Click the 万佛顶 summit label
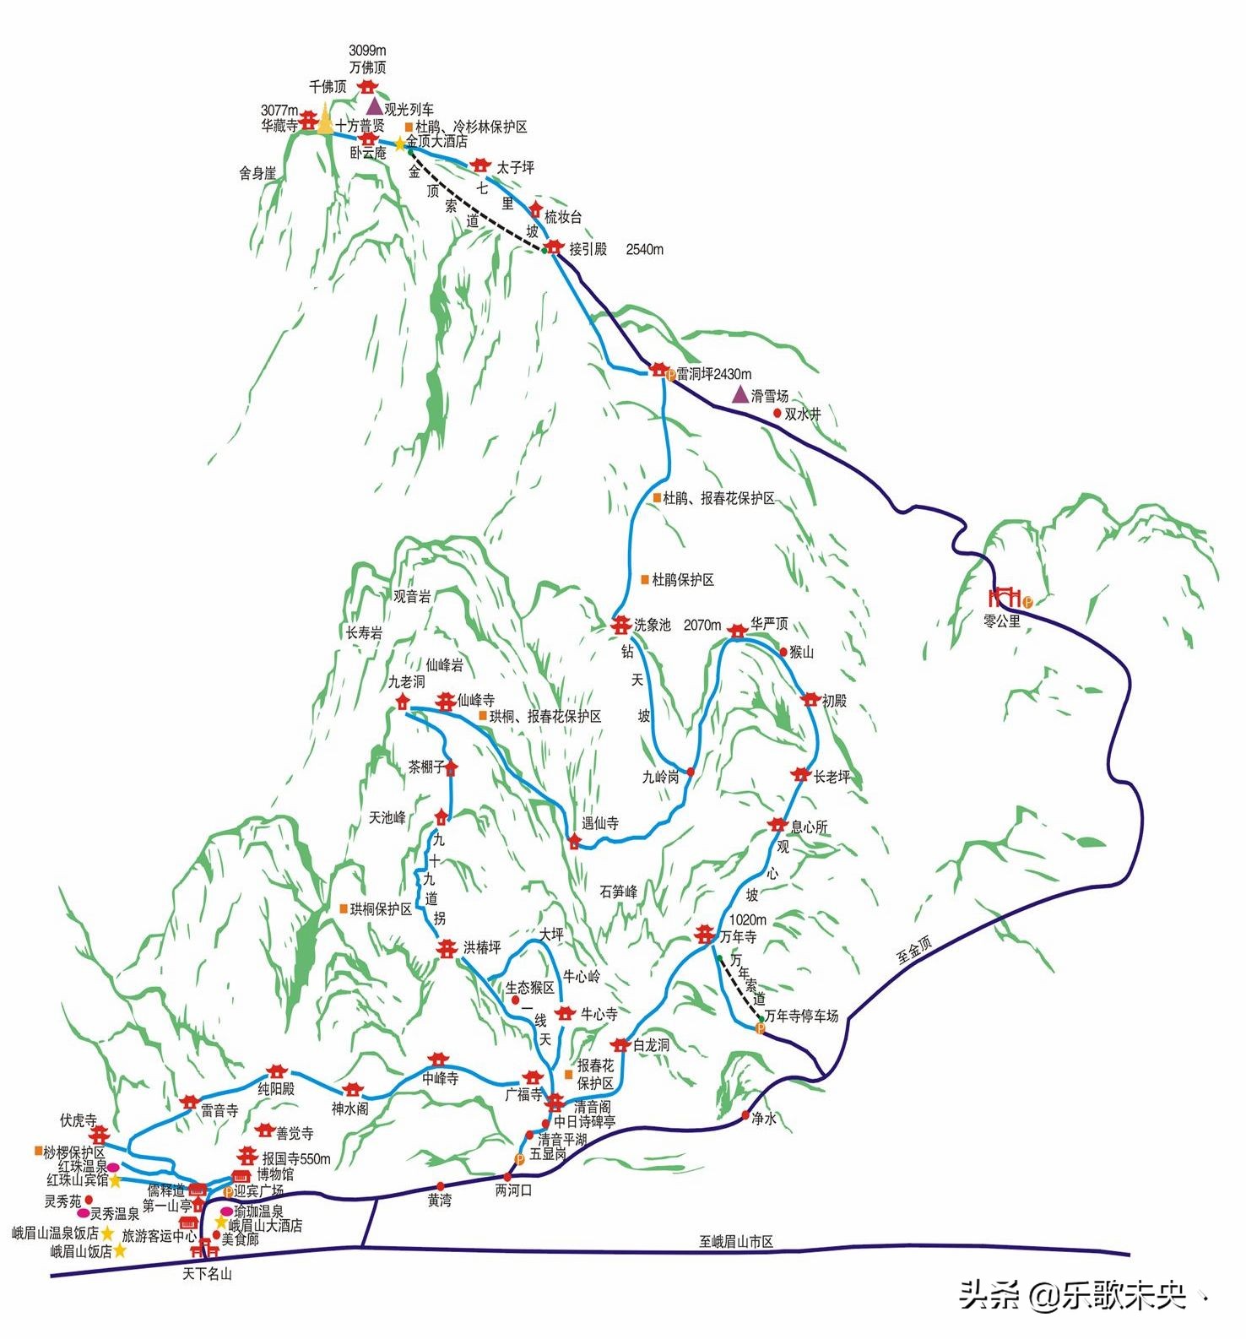367,68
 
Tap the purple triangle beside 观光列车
374,106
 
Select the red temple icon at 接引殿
553,247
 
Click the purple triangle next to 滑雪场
739,394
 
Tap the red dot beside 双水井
777,414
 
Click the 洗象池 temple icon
621,625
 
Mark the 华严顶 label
769,623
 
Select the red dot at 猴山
783,652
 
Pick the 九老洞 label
406,681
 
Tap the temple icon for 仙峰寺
445,701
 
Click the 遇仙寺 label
600,822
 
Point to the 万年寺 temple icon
705,934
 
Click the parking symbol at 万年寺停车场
759,1028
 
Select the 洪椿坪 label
482,948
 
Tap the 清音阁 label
592,1106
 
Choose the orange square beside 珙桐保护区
344,908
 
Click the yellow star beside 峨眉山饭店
120,1250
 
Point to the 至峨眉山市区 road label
736,1242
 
